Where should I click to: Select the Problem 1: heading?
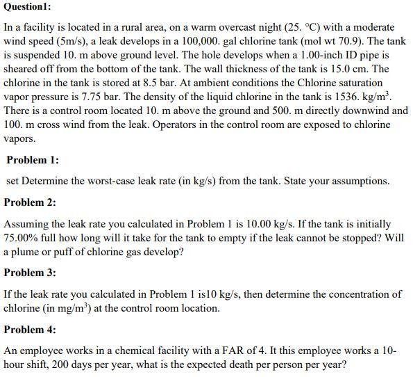point(33,160)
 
